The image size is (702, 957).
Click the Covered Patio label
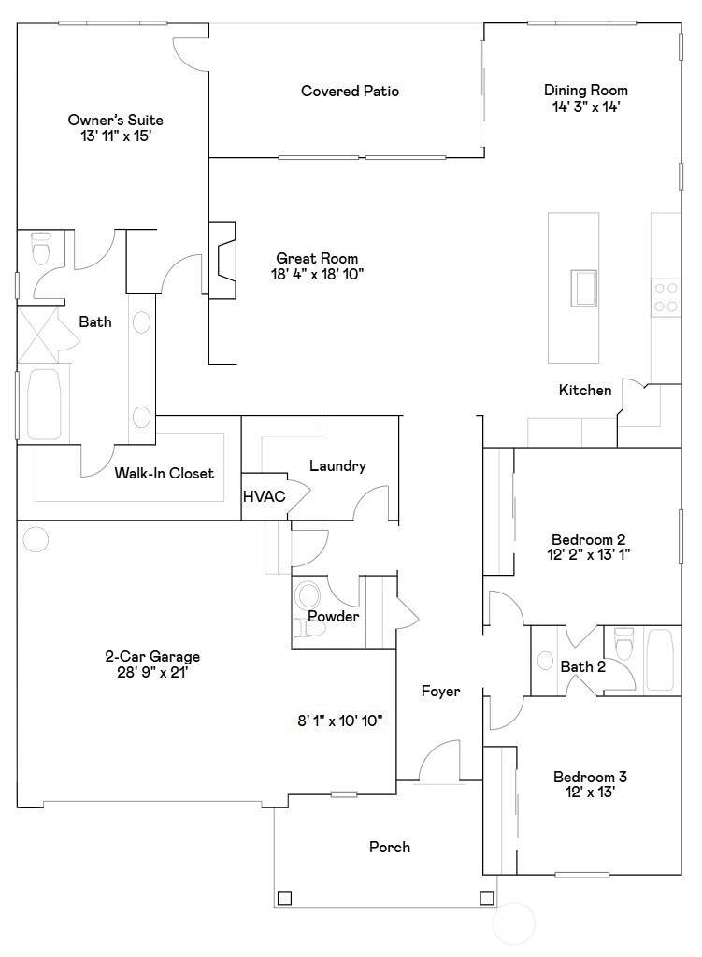click(x=350, y=91)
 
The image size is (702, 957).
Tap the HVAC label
click(x=264, y=496)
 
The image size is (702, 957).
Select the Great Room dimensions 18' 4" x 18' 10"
click(x=317, y=274)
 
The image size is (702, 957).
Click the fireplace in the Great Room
click(x=222, y=260)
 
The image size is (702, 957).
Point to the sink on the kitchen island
click(x=584, y=288)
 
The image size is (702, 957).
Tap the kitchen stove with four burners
click(x=665, y=297)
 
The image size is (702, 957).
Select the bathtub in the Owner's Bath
click(x=44, y=404)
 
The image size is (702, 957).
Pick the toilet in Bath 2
click(x=623, y=643)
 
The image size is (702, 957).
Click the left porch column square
click(x=284, y=898)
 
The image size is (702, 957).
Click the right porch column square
click(x=486, y=898)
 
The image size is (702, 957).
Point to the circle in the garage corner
click(x=36, y=539)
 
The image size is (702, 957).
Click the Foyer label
click(x=440, y=691)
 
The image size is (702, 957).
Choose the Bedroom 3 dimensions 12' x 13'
click(x=590, y=793)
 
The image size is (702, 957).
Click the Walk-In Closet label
click(x=165, y=473)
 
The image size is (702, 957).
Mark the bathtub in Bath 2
click(x=660, y=661)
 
